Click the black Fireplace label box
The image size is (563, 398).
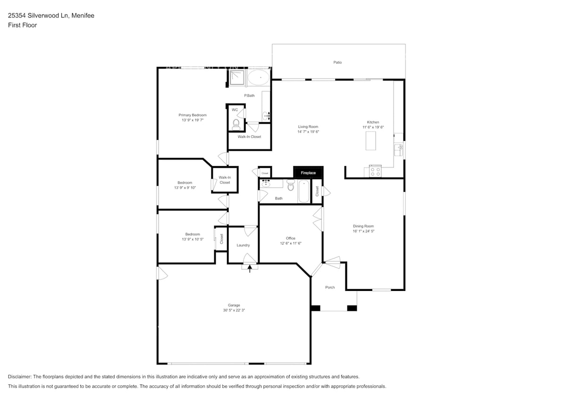(x=308, y=173)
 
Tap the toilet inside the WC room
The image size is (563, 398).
(x=236, y=124)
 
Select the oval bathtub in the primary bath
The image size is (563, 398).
(x=259, y=78)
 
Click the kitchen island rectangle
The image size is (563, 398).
(x=371, y=141)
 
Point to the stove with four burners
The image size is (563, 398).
(x=375, y=172)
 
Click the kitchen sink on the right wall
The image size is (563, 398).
(x=399, y=150)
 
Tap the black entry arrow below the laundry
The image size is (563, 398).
(x=250, y=269)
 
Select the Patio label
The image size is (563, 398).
(x=337, y=62)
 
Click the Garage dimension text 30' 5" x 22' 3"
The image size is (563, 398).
(x=234, y=310)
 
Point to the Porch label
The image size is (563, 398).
(x=330, y=287)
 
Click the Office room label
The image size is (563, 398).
(x=290, y=238)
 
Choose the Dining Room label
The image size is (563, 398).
(x=363, y=226)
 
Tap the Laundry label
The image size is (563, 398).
(x=243, y=245)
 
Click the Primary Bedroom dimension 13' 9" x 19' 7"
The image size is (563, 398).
(x=193, y=120)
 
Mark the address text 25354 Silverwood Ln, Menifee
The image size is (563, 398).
(x=51, y=16)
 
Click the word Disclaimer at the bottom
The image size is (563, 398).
(x=19, y=377)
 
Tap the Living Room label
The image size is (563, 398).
(x=308, y=126)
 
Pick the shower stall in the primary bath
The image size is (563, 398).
(x=237, y=78)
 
